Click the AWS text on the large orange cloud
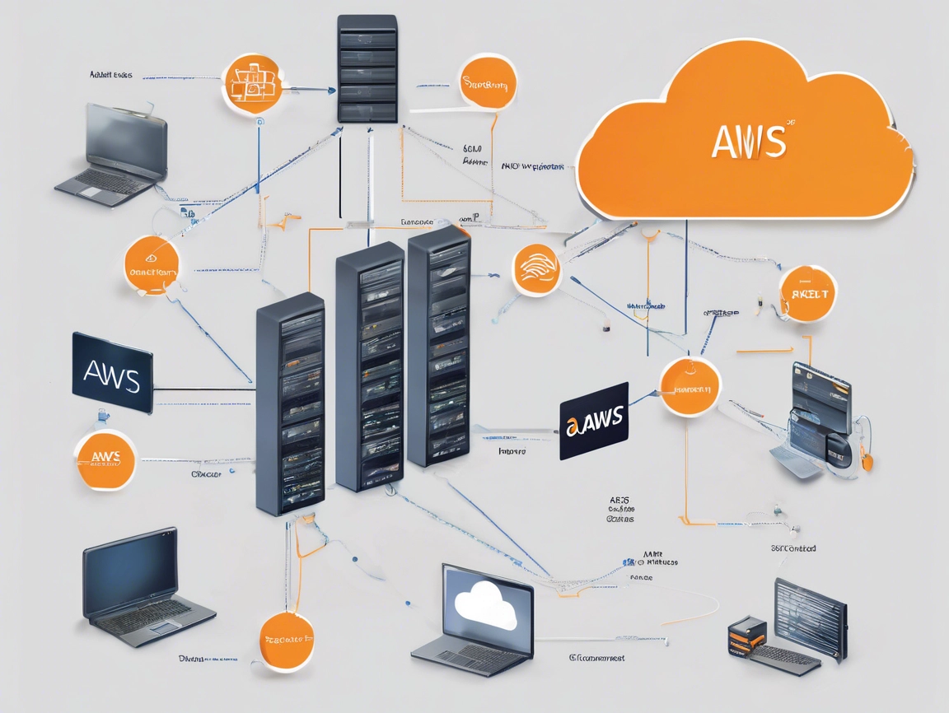coord(748,142)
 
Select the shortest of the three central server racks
coord(290,403)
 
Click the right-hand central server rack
coord(438,346)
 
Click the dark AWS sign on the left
coord(112,373)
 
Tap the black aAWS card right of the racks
coord(594,421)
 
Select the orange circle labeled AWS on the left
coord(105,459)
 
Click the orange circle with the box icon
coord(252,84)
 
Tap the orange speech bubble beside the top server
coord(489,83)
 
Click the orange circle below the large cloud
coord(807,294)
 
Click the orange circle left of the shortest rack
coord(152,265)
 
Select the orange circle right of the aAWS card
coord(690,387)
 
